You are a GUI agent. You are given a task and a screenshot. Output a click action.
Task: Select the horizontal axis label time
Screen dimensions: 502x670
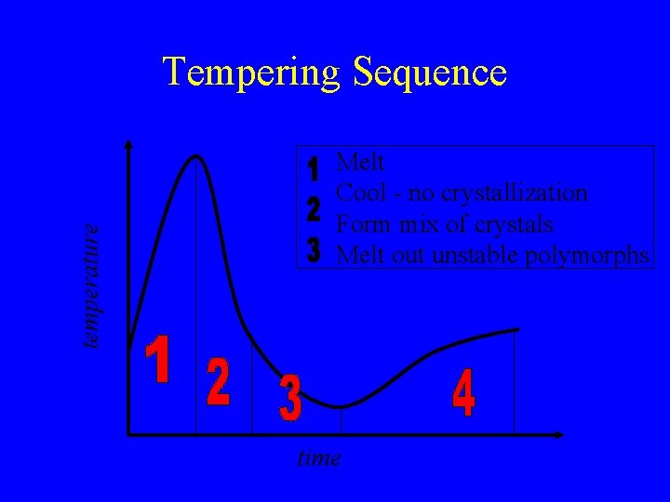(x=318, y=457)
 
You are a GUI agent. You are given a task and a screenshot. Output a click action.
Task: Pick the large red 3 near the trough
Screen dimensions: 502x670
(x=290, y=398)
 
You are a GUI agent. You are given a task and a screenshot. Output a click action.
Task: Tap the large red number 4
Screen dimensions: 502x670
(x=463, y=393)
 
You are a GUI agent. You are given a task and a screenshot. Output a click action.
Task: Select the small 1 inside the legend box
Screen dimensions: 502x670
(x=314, y=170)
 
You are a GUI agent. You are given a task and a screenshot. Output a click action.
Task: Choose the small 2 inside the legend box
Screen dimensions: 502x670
(x=314, y=209)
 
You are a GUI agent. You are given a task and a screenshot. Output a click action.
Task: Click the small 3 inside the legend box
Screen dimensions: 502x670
(x=314, y=248)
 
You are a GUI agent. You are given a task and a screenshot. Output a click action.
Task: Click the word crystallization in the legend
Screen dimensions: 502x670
(x=515, y=193)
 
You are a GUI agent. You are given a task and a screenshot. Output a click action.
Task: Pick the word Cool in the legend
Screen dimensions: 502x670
(x=358, y=193)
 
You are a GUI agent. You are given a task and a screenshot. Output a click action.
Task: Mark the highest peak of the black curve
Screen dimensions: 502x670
(x=196, y=156)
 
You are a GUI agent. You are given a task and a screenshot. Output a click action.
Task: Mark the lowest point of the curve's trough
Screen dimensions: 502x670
(x=341, y=406)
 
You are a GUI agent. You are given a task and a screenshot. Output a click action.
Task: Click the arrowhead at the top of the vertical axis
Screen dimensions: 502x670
(x=128, y=144)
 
